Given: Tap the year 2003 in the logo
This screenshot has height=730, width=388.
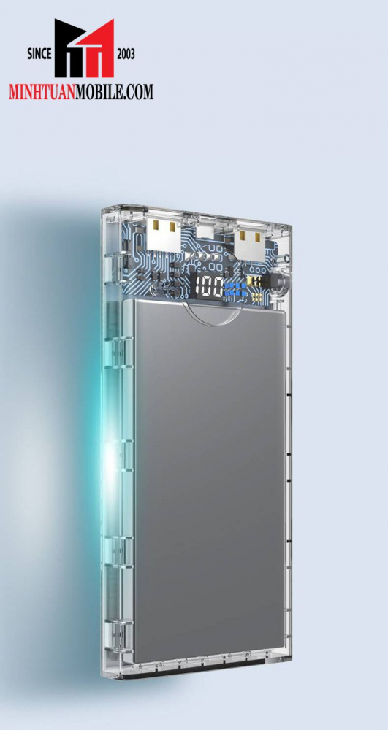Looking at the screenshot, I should tap(126, 55).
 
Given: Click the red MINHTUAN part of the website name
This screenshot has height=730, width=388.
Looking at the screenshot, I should tap(42, 91).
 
